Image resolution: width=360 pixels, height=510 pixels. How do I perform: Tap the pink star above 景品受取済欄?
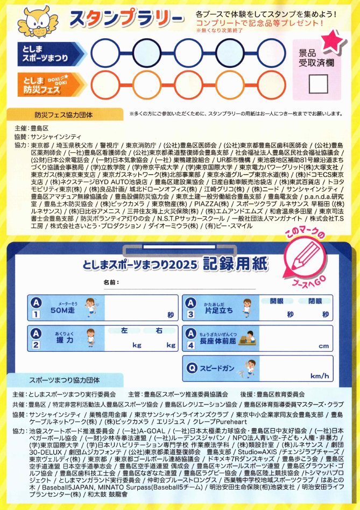point(333,41)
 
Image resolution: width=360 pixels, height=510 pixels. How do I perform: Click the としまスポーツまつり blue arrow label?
point(49,53)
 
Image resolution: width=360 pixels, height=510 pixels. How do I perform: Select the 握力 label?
point(64,341)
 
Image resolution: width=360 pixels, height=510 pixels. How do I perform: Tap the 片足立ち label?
point(218,311)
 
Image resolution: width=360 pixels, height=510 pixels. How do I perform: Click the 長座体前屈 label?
point(218,341)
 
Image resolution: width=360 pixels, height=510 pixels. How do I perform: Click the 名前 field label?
point(109,283)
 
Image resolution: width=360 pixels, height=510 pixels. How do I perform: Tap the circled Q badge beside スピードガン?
point(191,368)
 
